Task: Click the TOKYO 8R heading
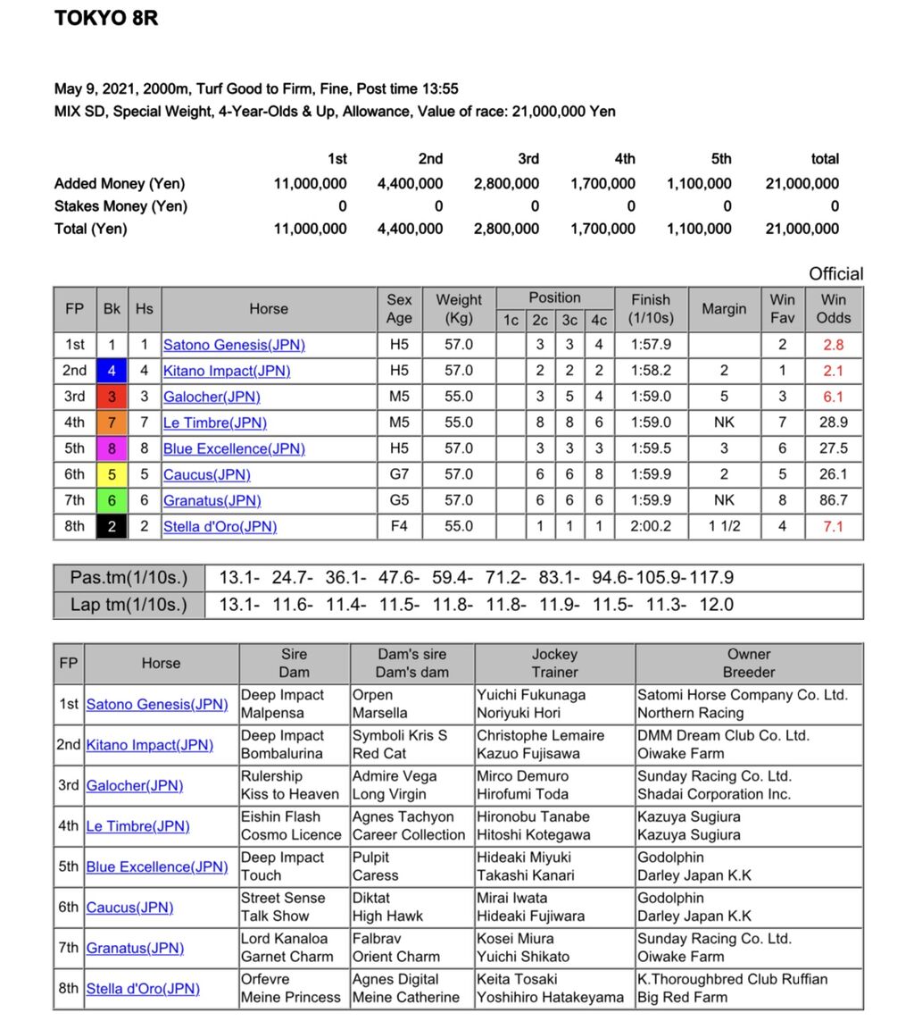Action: [106, 19]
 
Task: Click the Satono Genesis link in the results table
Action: [234, 345]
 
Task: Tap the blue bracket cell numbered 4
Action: [112, 371]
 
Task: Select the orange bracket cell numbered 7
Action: [112, 423]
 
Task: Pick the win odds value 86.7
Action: [833, 500]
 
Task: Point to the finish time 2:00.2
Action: [651, 526]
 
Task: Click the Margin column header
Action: [724, 309]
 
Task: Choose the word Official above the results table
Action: [835, 274]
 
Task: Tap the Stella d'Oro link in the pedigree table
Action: [143, 989]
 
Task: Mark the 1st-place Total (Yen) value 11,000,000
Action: [310, 229]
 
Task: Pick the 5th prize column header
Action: [721, 159]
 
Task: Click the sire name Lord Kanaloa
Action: [284, 939]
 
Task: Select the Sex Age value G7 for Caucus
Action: [399, 474]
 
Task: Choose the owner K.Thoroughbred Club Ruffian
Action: [732, 979]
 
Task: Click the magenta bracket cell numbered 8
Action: [112, 448]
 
